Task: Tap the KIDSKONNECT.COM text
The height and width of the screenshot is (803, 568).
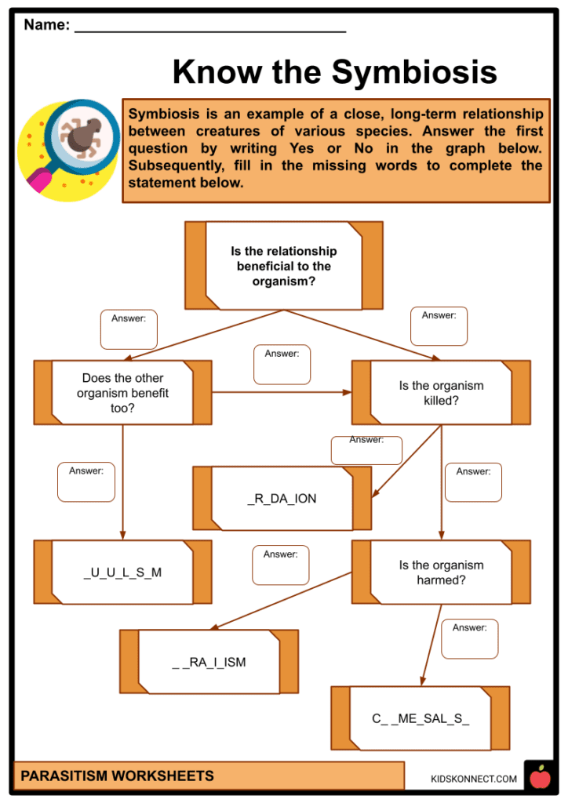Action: [474, 779]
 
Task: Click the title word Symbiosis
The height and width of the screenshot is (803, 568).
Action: [415, 72]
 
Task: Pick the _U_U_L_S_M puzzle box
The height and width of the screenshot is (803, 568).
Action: [122, 572]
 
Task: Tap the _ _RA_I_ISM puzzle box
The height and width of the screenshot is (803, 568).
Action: [209, 662]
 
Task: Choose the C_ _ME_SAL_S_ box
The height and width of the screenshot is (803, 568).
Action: [420, 718]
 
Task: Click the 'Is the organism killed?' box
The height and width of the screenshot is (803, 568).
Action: [440, 393]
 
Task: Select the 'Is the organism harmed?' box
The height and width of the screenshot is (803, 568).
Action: [440, 572]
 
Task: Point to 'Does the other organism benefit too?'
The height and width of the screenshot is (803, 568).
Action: [122, 393]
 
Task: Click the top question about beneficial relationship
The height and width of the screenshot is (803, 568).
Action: [283, 266]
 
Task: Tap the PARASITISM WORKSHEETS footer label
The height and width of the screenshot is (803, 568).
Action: [117, 776]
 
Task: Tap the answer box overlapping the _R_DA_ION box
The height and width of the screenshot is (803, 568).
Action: [366, 450]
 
